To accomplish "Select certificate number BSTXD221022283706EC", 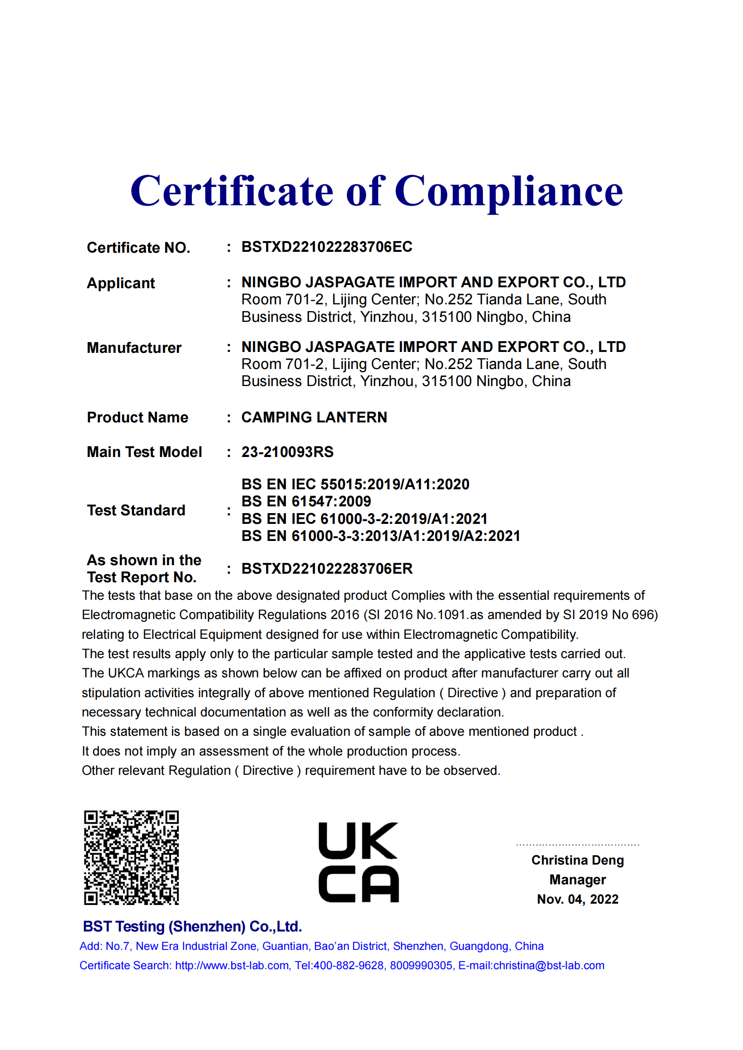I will (327, 247).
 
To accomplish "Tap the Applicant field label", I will (121, 283).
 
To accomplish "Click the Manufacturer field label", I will (134, 347).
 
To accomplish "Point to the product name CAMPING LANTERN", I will (314, 417).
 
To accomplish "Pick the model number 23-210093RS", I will (287, 452).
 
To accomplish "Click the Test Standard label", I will (136, 510).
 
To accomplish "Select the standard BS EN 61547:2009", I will (306, 501).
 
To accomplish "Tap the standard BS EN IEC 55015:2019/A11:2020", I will (355, 484).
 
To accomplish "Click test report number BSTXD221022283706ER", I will (327, 568).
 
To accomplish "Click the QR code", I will (131, 857).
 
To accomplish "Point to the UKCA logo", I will (358, 862).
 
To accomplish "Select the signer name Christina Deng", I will (577, 860).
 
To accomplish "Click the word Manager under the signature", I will (577, 879).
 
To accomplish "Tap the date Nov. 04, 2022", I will (577, 899).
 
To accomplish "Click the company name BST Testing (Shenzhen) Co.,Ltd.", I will (192, 926).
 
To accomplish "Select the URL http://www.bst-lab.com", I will (232, 966).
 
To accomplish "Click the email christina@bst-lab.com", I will (548, 966).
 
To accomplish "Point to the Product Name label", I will (137, 417).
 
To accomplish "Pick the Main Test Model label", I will (144, 452).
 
